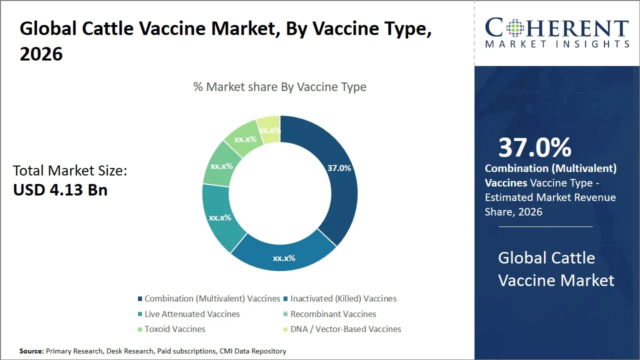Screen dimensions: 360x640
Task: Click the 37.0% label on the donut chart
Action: coord(339,168)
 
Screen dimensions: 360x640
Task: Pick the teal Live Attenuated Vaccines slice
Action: coord(220,217)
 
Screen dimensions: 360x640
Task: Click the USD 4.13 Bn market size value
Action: coord(60,190)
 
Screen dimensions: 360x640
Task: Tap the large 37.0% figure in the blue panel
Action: coord(535,147)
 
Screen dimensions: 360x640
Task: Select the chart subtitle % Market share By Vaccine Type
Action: coord(280,87)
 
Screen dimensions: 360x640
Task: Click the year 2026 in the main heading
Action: coord(41,54)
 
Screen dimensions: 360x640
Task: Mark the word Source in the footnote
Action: coord(31,351)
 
